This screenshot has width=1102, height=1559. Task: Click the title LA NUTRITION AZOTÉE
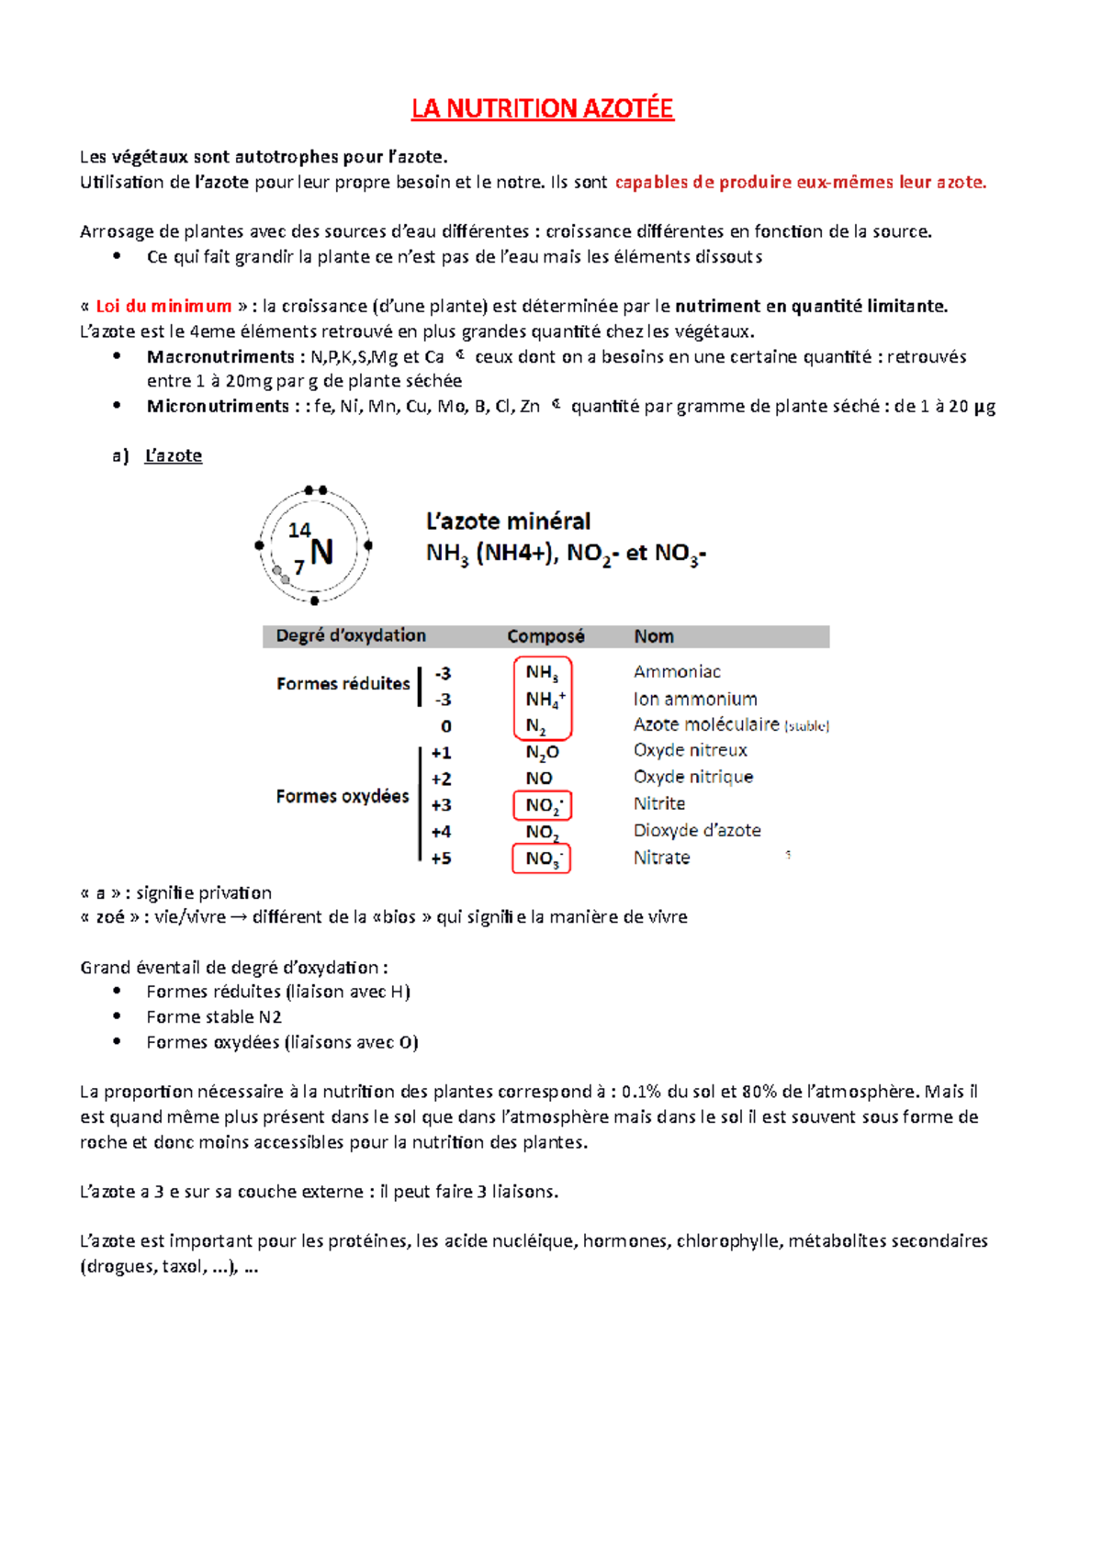tap(542, 108)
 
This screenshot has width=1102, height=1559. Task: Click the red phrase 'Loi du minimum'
tap(163, 307)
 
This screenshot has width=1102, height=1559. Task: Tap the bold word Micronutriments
tap(218, 406)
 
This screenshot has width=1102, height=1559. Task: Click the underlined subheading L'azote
tap(173, 455)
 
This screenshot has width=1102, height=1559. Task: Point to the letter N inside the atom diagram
tap(321, 552)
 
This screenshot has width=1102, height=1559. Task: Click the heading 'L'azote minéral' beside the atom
tap(508, 522)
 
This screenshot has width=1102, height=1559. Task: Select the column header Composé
tap(545, 636)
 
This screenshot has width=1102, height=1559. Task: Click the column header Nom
tap(653, 636)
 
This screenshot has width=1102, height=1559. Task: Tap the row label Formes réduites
tap(343, 684)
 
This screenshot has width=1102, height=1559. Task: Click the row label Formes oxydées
tap(342, 796)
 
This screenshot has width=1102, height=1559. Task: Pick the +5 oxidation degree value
tap(441, 858)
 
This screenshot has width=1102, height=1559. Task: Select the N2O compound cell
tap(542, 753)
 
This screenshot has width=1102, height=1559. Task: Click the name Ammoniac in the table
tap(677, 672)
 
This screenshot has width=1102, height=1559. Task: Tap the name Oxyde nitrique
tap(692, 777)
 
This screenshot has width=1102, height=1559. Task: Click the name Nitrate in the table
tap(661, 858)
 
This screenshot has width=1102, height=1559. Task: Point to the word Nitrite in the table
tap(658, 803)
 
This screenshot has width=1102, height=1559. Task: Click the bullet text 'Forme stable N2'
tap(213, 1017)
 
